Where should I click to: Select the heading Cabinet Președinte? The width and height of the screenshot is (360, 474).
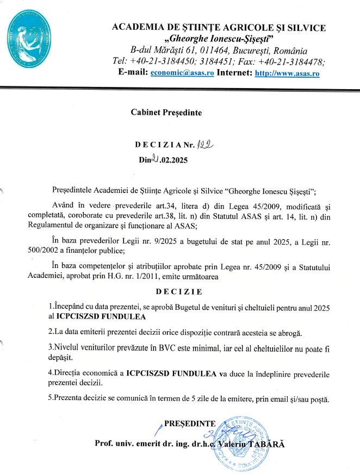pos(166,113)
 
